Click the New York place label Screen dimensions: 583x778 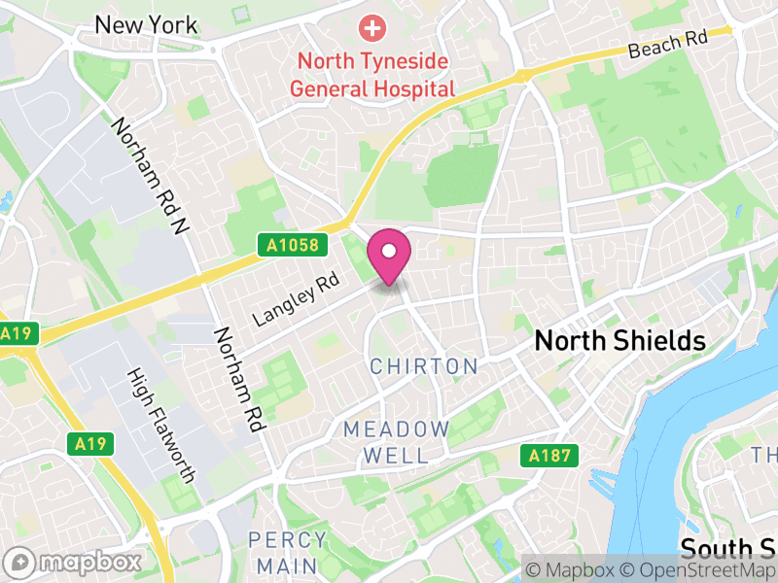pyautogui.click(x=146, y=25)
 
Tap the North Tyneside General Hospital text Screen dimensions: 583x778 pyautogui.click(x=373, y=75)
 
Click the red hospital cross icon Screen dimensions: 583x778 pyautogui.click(x=371, y=28)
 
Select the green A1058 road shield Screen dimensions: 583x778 pyautogui.click(x=291, y=246)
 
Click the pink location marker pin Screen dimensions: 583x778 pyautogui.click(x=389, y=255)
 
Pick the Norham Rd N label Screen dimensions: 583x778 pyautogui.click(x=149, y=177)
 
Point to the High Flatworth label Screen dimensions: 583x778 pyautogui.click(x=163, y=426)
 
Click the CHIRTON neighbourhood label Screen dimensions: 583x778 pyautogui.click(x=424, y=366)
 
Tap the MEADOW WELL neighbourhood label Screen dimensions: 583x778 pyautogui.click(x=396, y=442)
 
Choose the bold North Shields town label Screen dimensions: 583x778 pyautogui.click(x=620, y=341)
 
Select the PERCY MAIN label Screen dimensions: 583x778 pyautogui.click(x=282, y=552)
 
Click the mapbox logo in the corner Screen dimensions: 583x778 pyautogui.click(x=74, y=563)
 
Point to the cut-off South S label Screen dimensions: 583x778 pyautogui.click(x=727, y=547)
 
